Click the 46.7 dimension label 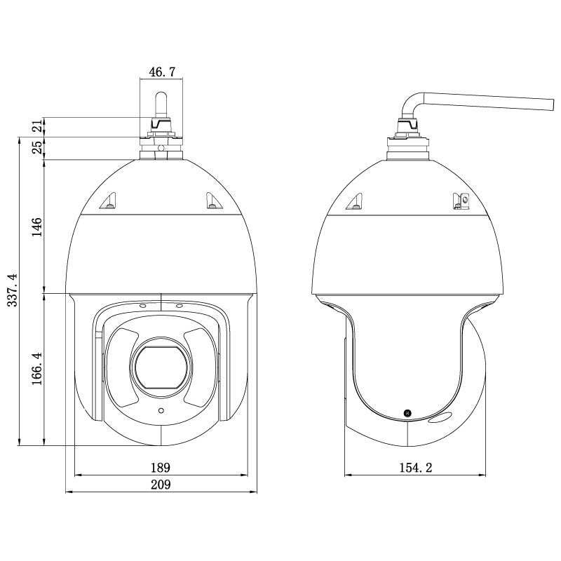[162, 72]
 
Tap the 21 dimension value [38, 126]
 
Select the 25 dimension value [38, 147]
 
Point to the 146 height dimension [37, 227]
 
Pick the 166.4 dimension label [37, 369]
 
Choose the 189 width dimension [161, 468]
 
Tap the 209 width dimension [161, 485]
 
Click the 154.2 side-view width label [415, 468]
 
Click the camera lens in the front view [161, 367]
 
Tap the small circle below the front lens [161, 410]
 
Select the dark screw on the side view [407, 413]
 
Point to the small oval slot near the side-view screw [440, 417]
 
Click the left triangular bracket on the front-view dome [109, 201]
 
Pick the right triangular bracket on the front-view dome [214, 201]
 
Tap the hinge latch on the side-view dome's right [461, 201]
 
